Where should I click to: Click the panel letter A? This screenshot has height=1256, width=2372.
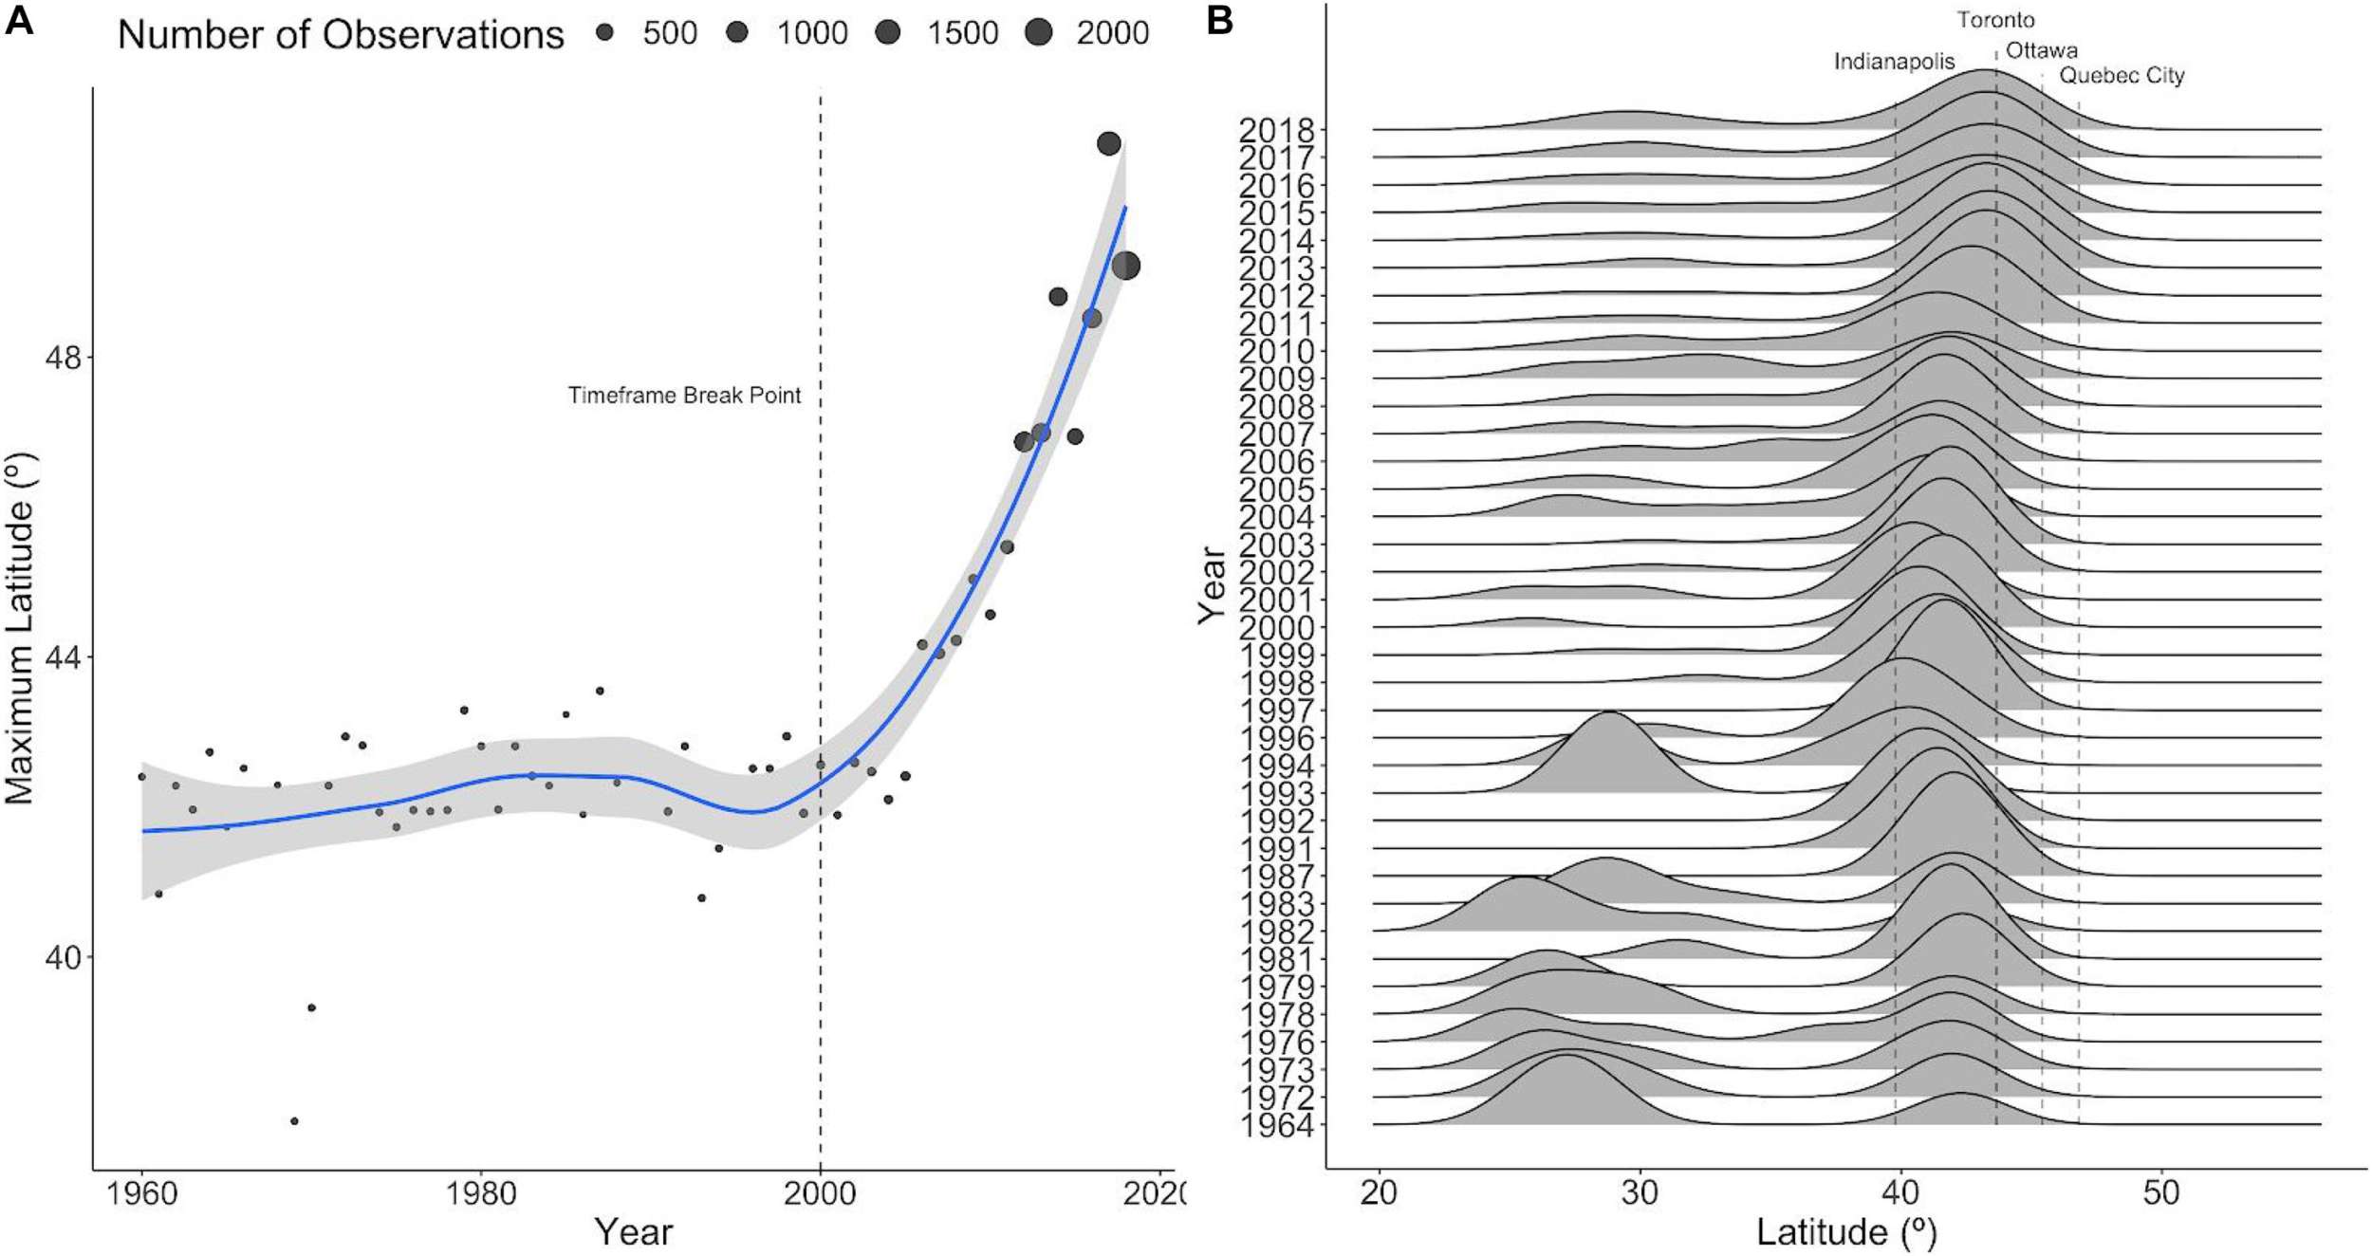[19, 20]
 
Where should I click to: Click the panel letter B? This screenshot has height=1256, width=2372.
[1219, 20]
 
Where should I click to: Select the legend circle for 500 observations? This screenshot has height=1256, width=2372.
[604, 33]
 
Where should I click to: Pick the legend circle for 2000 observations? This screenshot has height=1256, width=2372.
[1039, 33]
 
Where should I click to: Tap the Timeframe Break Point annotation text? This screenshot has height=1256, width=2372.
[684, 396]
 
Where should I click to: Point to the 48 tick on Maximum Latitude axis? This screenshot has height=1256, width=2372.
[63, 359]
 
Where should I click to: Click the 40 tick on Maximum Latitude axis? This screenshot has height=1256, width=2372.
[63, 958]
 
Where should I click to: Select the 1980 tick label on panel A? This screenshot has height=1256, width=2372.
[481, 1193]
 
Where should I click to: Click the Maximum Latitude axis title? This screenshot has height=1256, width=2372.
[20, 629]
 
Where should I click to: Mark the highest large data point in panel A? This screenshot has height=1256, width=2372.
[1108, 144]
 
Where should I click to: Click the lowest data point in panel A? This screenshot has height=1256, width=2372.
[294, 1121]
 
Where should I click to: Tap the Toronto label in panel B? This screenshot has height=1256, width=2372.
[1995, 20]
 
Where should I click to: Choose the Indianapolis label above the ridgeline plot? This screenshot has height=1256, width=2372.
[1894, 62]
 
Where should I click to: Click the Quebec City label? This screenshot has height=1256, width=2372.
[2122, 76]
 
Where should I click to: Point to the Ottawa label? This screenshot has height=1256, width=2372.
[2042, 50]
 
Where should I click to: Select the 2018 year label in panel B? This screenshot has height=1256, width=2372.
[1277, 130]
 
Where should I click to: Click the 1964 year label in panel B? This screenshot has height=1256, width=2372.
[1277, 1126]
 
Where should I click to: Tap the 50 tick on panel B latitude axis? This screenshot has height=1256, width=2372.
[2160, 1193]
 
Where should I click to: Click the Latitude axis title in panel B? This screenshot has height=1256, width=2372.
[1845, 1232]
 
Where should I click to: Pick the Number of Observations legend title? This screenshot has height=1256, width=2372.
[341, 35]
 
